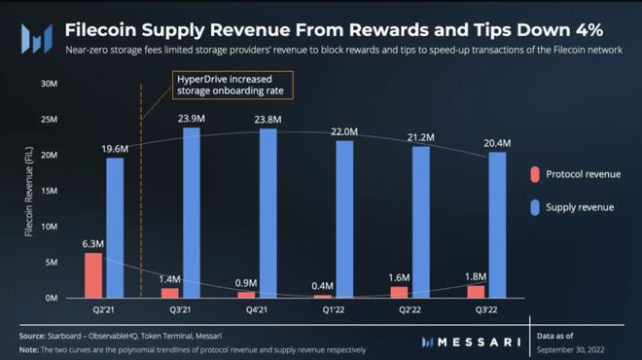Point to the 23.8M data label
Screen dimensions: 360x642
[x=267, y=120]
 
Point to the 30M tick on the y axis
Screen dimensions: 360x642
[x=49, y=84]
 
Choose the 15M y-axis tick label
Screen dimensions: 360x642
[x=49, y=191]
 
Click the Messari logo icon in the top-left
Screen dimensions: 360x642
[x=35, y=39]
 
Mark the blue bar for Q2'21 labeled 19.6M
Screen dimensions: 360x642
[x=114, y=227]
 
